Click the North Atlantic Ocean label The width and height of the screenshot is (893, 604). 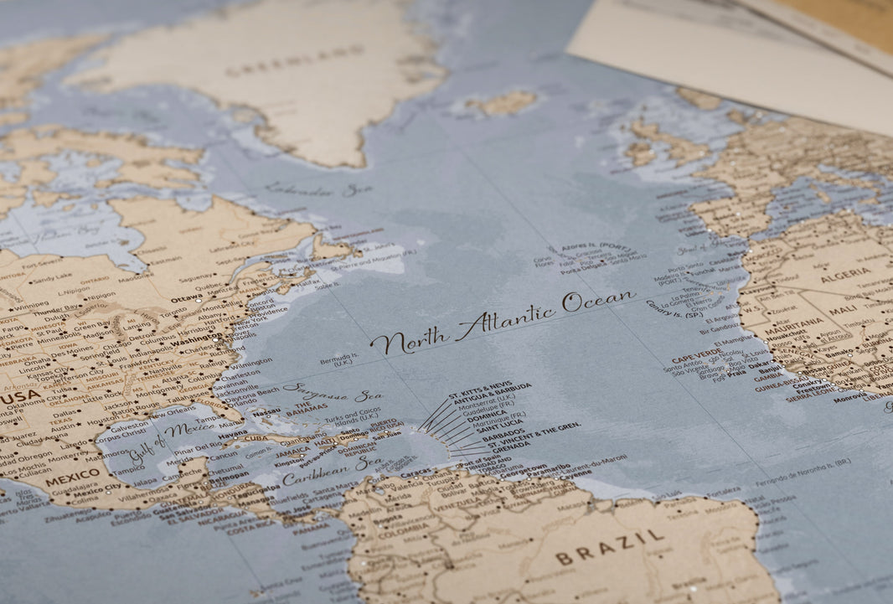click(x=503, y=321)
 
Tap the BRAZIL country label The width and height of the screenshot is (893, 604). click(x=610, y=545)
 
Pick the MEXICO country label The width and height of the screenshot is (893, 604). click(x=72, y=480)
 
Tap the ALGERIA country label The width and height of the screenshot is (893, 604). click(x=845, y=274)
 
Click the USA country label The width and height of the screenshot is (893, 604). click(x=21, y=395)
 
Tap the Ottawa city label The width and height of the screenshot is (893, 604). click(x=187, y=297)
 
